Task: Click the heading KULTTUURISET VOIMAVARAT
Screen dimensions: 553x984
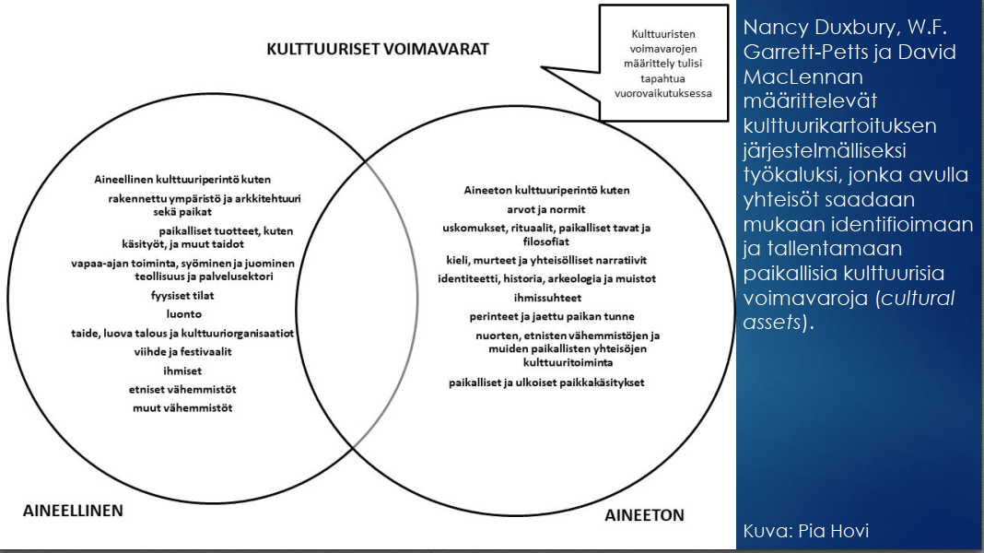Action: (378, 48)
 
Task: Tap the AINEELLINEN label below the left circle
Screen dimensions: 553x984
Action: (72, 510)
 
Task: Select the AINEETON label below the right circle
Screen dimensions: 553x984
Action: (644, 515)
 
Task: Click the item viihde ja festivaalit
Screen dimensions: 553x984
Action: (182, 350)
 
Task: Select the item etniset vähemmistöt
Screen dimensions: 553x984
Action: (182, 388)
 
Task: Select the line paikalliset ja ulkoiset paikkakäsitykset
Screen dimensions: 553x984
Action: (546, 382)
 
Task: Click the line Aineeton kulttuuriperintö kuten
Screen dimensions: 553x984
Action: (546, 190)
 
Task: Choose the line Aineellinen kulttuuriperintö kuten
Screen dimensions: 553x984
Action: (182, 179)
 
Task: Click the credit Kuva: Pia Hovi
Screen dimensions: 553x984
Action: (805, 531)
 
